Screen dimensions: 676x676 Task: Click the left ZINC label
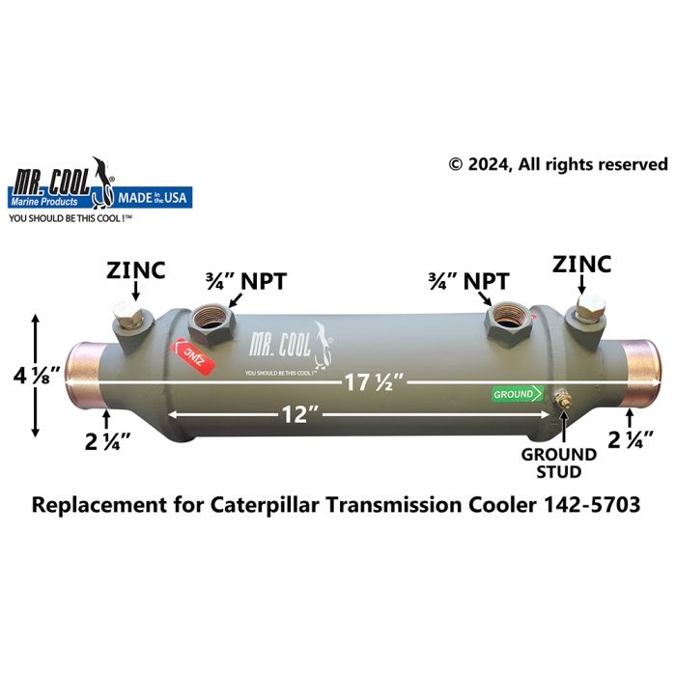click(136, 270)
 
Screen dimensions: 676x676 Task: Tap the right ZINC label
click(581, 265)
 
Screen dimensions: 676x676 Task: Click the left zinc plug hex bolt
click(127, 315)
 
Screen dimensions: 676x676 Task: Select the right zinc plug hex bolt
click(590, 309)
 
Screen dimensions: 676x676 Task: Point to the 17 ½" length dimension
click(375, 382)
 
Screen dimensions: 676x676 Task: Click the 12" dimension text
click(299, 414)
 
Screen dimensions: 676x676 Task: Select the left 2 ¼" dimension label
click(107, 441)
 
